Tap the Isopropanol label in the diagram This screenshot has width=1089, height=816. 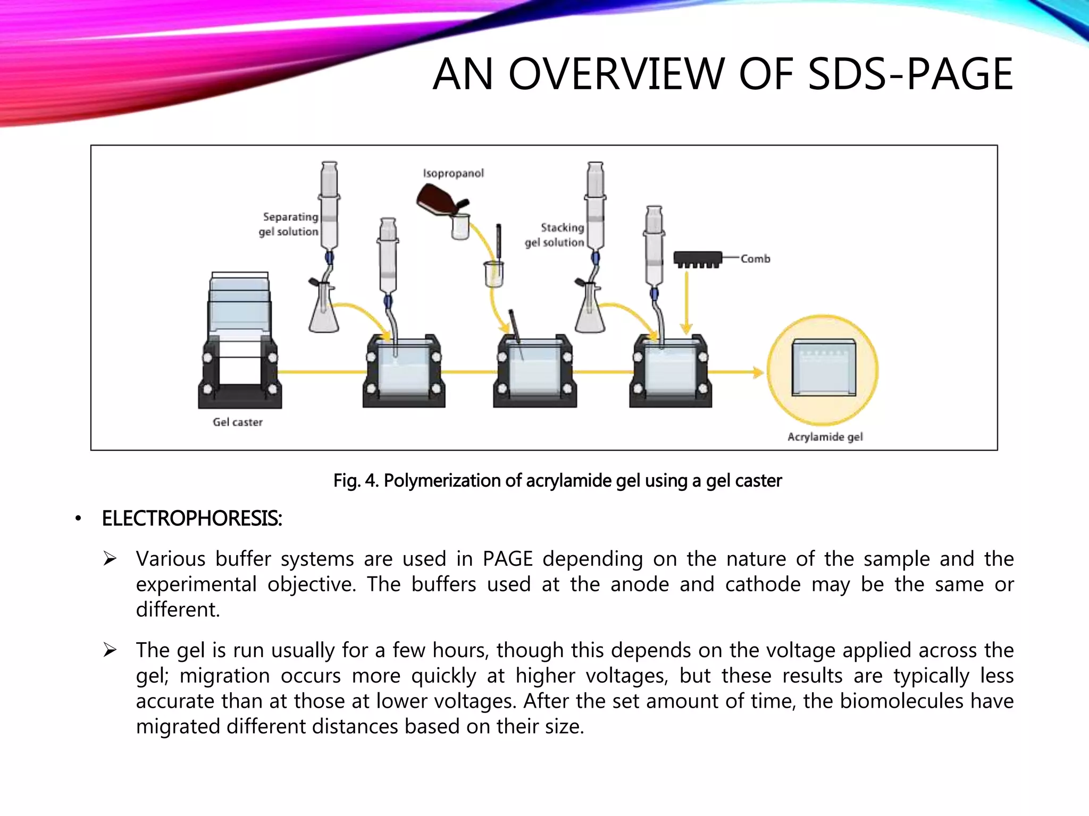pyautogui.click(x=453, y=173)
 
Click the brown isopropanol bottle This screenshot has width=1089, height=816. pyautogui.click(x=437, y=201)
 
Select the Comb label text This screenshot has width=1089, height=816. pyautogui.click(x=755, y=259)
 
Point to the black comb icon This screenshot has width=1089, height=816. pyautogui.click(x=698, y=259)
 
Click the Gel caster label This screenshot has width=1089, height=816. pyautogui.click(x=238, y=422)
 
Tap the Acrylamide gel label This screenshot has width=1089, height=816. pyautogui.click(x=825, y=437)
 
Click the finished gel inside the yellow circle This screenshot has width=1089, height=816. pyautogui.click(x=824, y=368)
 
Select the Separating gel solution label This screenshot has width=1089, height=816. pyautogui.click(x=289, y=224)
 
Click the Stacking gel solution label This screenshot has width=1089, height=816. pyautogui.click(x=555, y=235)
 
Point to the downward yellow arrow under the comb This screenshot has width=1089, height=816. pyautogui.click(x=686, y=303)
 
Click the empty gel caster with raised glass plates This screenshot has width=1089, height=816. pyautogui.click(x=240, y=340)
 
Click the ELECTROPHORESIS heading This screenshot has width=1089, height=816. pyautogui.click(x=191, y=518)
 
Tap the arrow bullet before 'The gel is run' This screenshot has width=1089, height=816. pyautogui.click(x=110, y=650)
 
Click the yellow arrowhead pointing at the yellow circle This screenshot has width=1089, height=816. pyautogui.click(x=758, y=372)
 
